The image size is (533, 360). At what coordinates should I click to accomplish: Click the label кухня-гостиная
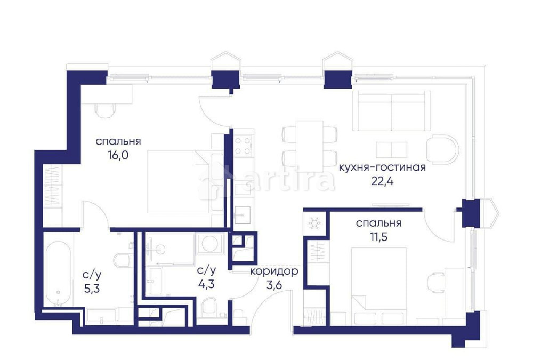pyautogui.click(x=382, y=167)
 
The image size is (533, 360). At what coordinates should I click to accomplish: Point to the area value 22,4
pyautogui.click(x=382, y=181)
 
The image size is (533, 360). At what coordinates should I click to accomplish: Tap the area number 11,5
pyautogui.click(x=378, y=237)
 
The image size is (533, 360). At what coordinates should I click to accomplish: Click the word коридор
pyautogui.click(x=274, y=271)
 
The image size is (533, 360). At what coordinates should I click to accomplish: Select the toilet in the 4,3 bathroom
pyautogui.click(x=208, y=307)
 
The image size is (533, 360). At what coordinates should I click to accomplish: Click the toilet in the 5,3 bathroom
pyautogui.click(x=122, y=261)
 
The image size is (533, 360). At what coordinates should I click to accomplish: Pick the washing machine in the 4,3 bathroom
pyautogui.click(x=208, y=244)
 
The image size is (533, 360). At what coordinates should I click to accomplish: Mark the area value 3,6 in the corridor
pyautogui.click(x=274, y=284)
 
